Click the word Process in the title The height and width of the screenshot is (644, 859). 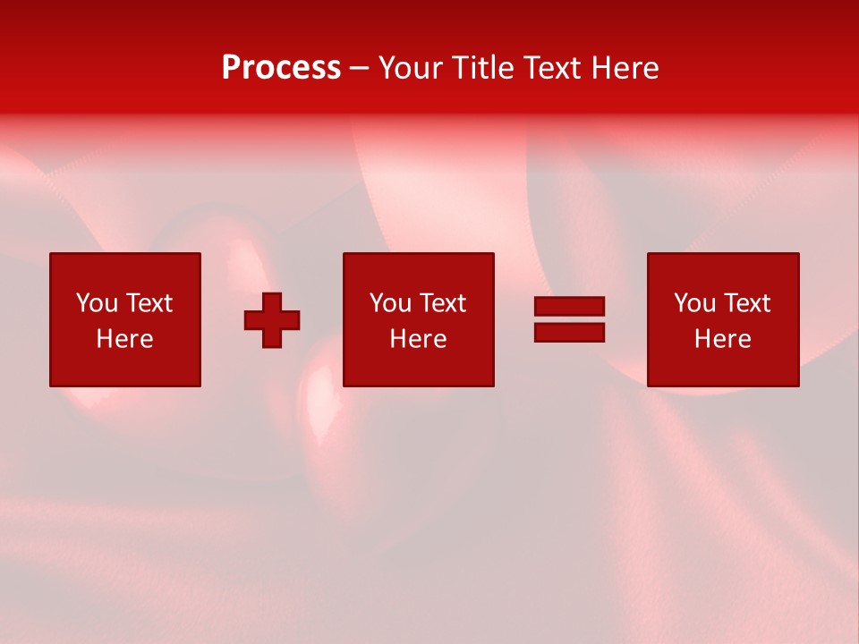point(281,68)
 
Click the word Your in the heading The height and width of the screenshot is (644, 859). point(411,68)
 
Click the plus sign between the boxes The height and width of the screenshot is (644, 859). point(272,320)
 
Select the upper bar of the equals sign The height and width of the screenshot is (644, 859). point(569,307)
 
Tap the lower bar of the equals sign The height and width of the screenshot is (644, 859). point(569,332)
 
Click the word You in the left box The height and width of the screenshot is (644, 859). point(97,303)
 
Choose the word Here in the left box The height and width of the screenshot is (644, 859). point(124,339)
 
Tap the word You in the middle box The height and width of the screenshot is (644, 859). point(390,303)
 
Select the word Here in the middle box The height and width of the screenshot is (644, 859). point(418,339)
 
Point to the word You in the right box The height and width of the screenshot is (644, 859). point(694,303)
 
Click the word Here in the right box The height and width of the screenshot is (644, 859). point(722,339)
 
